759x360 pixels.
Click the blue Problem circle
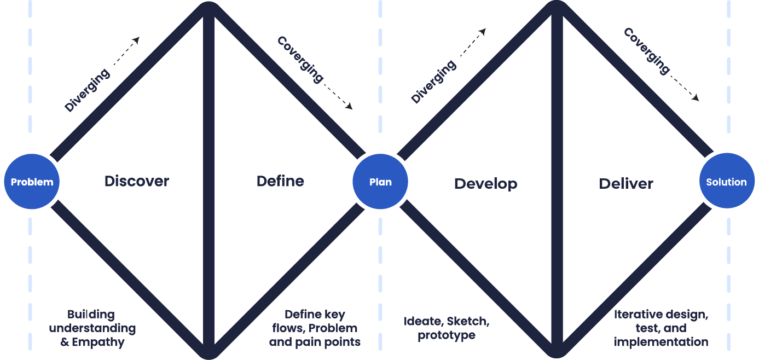point(32,182)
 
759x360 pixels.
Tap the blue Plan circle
point(380,182)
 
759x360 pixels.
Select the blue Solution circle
point(727,182)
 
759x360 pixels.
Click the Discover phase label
point(137,181)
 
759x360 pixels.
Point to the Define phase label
point(280,181)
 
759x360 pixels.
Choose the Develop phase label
point(485,183)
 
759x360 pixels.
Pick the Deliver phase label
point(626,183)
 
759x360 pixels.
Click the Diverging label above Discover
point(87,90)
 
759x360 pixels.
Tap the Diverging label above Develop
point(433,82)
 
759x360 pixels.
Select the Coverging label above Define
point(300,59)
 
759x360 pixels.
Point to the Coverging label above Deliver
point(647,51)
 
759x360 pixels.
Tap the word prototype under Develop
point(447,335)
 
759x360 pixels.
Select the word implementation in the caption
point(661,342)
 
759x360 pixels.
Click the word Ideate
point(422,321)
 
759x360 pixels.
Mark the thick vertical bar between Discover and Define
point(208,181)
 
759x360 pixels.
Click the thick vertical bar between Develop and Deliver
point(557,181)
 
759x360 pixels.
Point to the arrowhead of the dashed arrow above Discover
point(137,39)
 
